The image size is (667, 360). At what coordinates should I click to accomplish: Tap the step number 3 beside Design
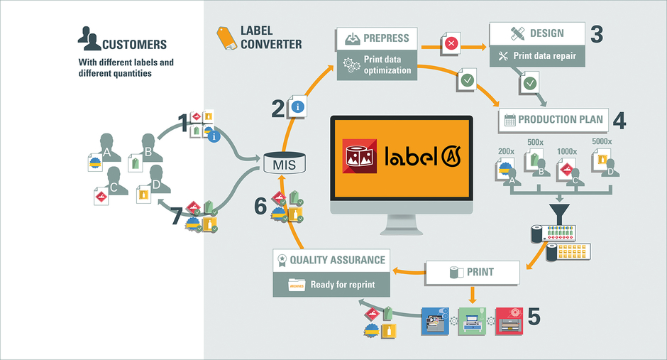click(x=596, y=34)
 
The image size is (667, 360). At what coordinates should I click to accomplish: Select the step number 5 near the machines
click(x=533, y=316)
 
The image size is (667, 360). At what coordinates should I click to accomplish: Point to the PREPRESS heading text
click(x=386, y=37)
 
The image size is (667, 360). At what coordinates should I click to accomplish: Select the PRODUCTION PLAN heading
click(x=560, y=119)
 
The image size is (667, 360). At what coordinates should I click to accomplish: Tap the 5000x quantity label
click(x=602, y=141)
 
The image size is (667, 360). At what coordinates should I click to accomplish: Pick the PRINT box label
click(x=480, y=271)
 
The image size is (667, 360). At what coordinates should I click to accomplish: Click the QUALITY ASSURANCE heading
click(x=337, y=260)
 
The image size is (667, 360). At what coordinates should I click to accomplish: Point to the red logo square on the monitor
click(x=360, y=156)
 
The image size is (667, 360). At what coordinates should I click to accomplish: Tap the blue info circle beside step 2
click(x=298, y=108)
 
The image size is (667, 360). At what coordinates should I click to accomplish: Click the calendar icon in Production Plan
click(x=509, y=120)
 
